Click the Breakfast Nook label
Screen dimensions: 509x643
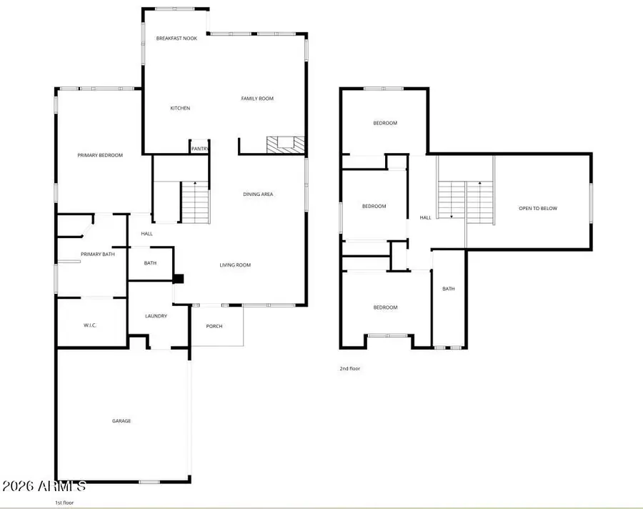176,38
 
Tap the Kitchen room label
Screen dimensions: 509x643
180,108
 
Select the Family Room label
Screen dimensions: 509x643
257,99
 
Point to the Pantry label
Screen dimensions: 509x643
199,149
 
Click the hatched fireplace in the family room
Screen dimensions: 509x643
286,145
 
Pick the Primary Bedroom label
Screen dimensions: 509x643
100,155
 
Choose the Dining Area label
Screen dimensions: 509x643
258,194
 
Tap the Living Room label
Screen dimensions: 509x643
235,265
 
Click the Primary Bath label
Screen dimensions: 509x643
98,254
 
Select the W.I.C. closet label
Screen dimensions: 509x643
90,325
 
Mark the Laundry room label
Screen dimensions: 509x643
156,316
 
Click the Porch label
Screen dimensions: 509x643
214,326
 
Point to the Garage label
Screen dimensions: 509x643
121,421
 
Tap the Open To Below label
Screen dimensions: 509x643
538,209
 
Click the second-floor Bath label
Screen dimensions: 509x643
449,289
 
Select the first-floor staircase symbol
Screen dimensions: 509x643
195,202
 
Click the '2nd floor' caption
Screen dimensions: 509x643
349,369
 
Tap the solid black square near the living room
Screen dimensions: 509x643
179,280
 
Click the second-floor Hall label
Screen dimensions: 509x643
425,218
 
